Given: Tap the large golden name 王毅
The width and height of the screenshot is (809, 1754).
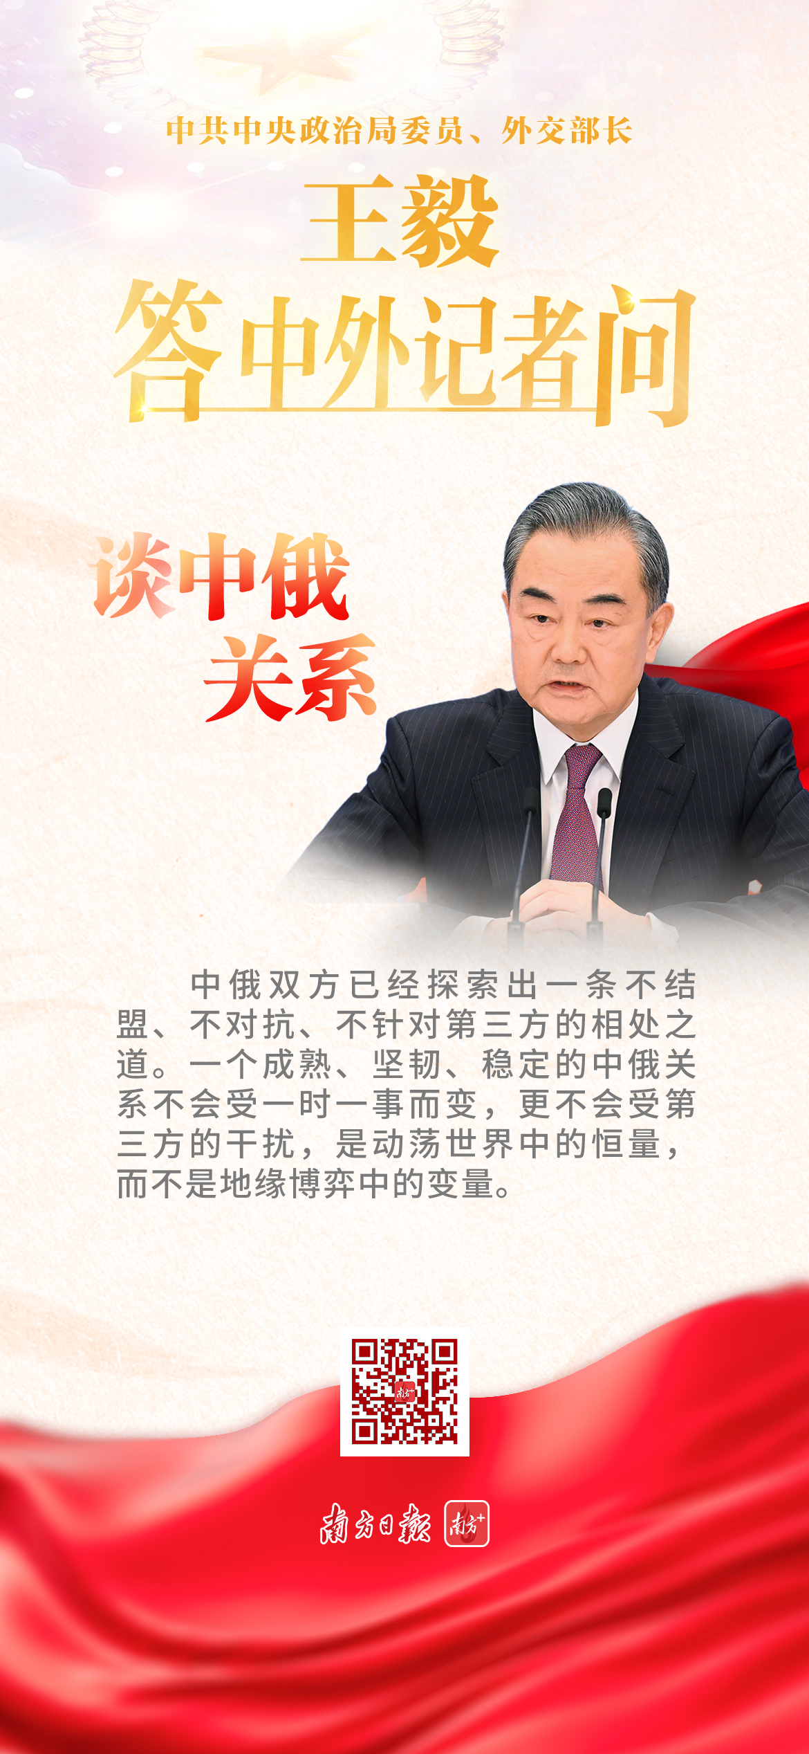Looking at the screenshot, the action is pyautogui.click(x=400, y=220).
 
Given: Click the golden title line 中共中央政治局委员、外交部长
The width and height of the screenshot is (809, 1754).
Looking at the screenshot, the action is pyautogui.click(x=399, y=131).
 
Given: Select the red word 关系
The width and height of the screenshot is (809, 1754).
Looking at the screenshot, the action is pyautogui.click(x=290, y=678).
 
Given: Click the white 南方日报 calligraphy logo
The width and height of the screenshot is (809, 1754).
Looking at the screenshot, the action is pyautogui.click(x=375, y=1524).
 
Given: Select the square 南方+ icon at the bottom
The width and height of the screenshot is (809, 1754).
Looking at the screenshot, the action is pyautogui.click(x=467, y=1524).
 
